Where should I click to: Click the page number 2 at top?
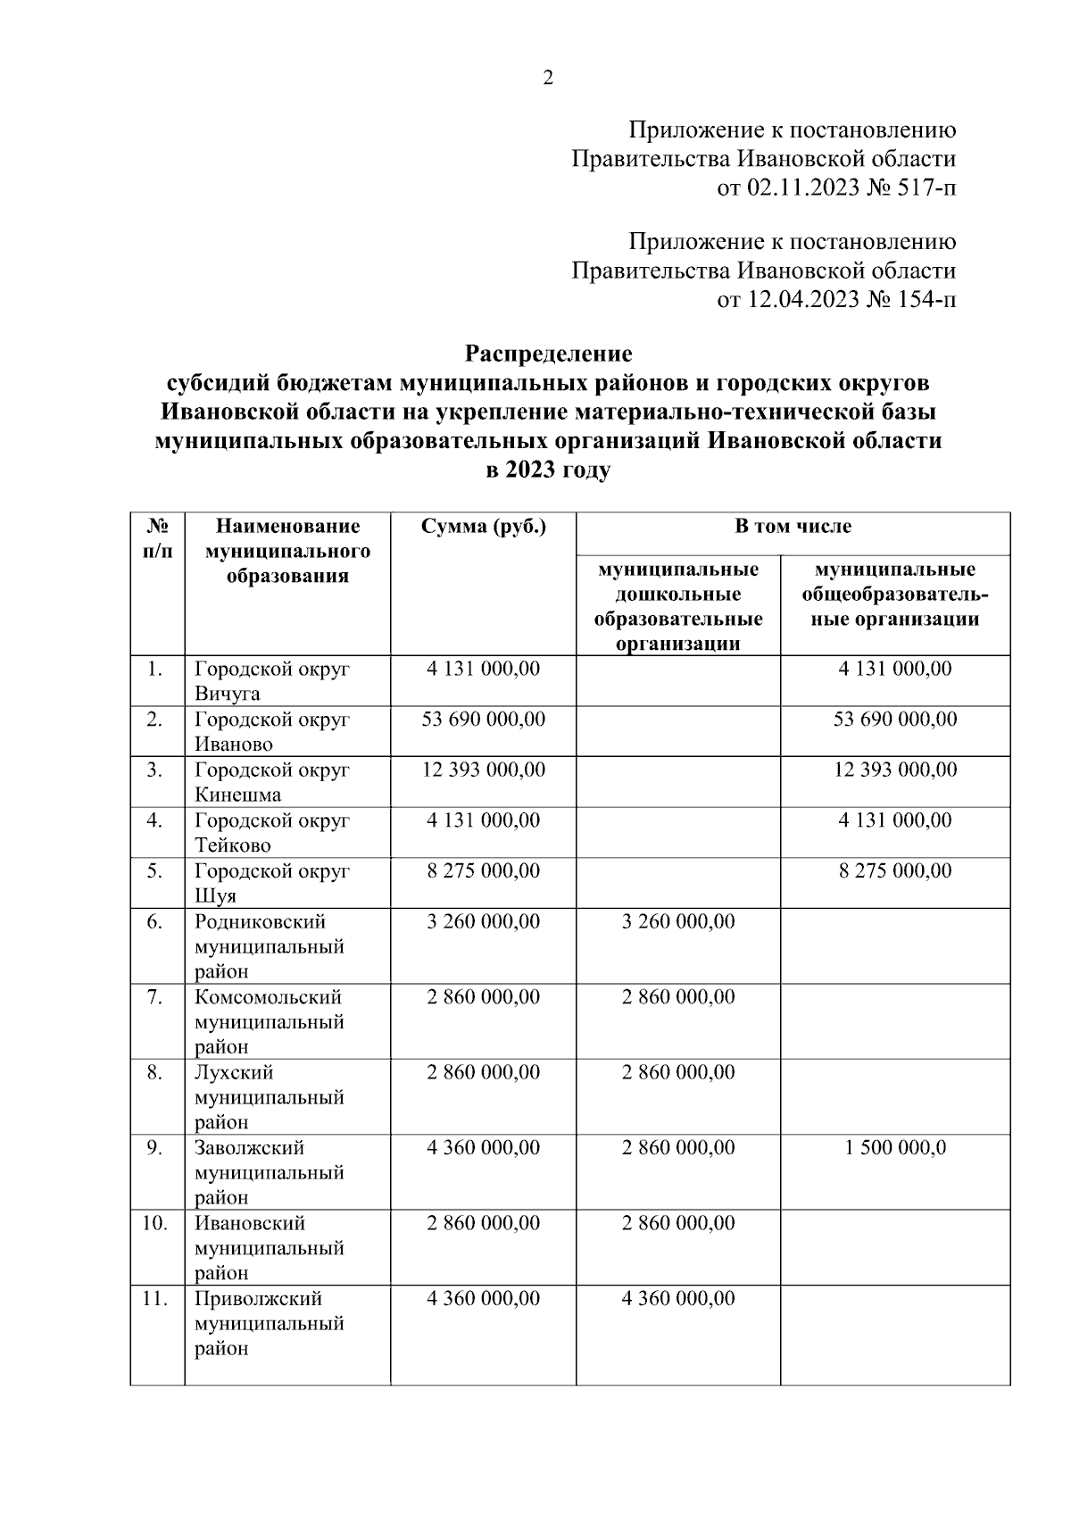pos(548,79)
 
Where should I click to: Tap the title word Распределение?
pos(548,354)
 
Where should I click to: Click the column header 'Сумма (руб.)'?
pos(483,527)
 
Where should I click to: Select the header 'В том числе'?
pos(793,527)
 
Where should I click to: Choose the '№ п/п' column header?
pos(157,538)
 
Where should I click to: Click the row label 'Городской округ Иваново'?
pos(271,731)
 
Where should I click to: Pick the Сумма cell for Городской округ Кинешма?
pos(483,770)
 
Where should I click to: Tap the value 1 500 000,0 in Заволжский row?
pos(894,1148)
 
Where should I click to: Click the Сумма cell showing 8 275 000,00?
pos(483,870)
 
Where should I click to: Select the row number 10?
pos(155,1223)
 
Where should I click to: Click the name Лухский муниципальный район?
pos(270,1097)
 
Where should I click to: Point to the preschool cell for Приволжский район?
pos(678,1299)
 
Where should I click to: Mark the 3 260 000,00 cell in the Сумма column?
pos(483,921)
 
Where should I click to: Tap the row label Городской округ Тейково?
pos(271,832)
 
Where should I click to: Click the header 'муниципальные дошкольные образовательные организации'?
pos(678,606)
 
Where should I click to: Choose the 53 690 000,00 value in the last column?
pos(894,720)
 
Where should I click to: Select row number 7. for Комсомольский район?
pos(155,997)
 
